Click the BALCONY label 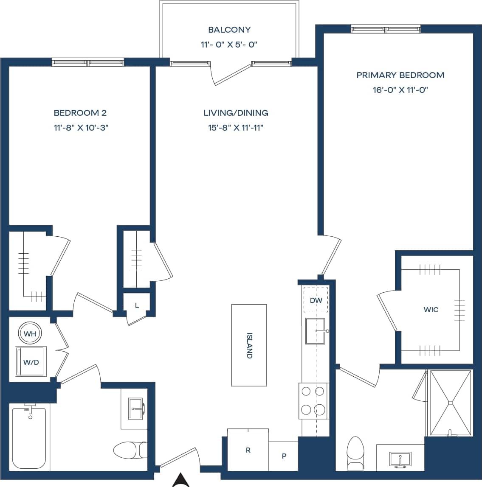(x=229, y=30)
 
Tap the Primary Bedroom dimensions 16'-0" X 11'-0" (x=400, y=90)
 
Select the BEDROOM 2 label (x=80, y=113)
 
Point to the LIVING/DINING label (x=236, y=113)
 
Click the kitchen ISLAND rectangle (x=249, y=345)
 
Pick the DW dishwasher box (x=316, y=300)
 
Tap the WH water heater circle (x=30, y=334)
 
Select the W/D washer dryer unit (x=31, y=362)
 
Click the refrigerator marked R (x=248, y=451)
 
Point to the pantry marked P (x=284, y=456)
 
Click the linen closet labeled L (x=137, y=305)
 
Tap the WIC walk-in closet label (x=431, y=310)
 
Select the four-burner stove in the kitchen (x=313, y=400)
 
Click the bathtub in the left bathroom (x=29, y=437)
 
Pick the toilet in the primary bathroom (x=356, y=452)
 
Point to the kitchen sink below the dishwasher (x=315, y=331)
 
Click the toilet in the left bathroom (x=130, y=449)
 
